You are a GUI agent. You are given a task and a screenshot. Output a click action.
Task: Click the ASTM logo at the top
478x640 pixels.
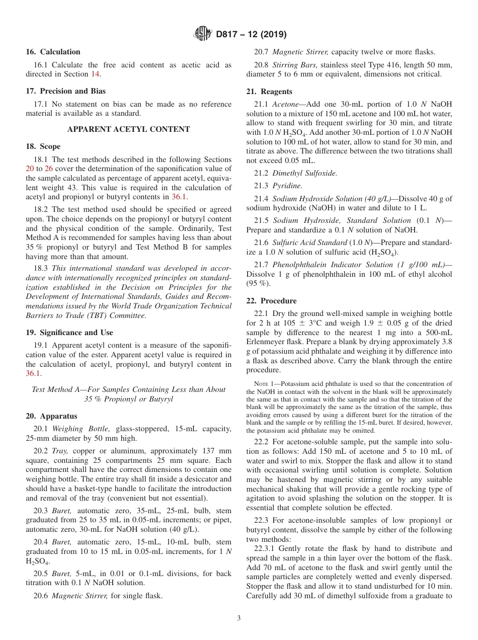click(x=203, y=35)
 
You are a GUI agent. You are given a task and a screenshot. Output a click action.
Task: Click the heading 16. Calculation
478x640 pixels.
click(x=53, y=52)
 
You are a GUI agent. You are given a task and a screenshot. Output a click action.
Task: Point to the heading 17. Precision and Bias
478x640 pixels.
click(x=65, y=91)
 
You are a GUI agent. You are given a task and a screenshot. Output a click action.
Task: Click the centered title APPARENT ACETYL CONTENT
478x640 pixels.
click(x=129, y=129)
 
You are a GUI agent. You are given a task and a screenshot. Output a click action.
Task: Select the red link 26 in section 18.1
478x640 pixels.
click(x=49, y=169)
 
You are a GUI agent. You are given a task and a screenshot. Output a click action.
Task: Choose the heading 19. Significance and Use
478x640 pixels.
click(x=69, y=333)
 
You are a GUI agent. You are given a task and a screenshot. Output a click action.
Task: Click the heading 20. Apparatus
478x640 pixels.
click(x=51, y=416)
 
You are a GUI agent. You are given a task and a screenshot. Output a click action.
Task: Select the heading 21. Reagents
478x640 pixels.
click(x=269, y=92)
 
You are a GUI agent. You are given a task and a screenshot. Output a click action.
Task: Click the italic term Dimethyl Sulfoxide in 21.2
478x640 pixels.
click(x=305, y=173)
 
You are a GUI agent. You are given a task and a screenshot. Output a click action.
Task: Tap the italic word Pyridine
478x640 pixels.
click(x=287, y=186)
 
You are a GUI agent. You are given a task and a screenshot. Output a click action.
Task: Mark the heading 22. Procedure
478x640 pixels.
click(x=271, y=301)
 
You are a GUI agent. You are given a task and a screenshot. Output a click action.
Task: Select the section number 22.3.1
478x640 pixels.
click(x=259, y=548)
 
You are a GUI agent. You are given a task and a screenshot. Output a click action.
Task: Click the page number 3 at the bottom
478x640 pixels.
click(x=239, y=618)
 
